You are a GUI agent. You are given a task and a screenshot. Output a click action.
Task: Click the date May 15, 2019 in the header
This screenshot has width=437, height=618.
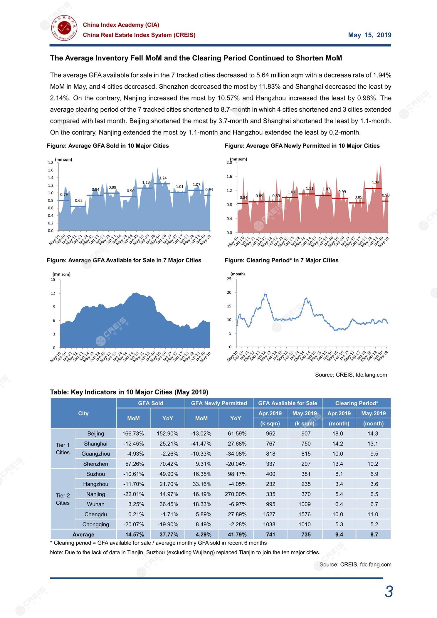[369, 35]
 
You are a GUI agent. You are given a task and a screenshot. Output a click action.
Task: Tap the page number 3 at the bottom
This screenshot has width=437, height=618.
[389, 592]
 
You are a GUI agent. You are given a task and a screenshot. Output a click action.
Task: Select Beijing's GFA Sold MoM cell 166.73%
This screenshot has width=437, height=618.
[133, 434]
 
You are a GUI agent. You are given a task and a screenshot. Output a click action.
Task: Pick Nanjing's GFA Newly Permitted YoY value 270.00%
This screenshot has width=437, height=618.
[236, 494]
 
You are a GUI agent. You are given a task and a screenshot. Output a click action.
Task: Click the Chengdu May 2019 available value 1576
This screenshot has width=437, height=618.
[305, 514]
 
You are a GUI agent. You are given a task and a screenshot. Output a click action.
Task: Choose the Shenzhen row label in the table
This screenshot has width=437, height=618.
[95, 464]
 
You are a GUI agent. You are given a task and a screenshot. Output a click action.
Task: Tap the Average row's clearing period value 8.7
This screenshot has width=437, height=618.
[374, 535]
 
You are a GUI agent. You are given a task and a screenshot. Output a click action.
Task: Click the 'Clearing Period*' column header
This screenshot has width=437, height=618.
[356, 403]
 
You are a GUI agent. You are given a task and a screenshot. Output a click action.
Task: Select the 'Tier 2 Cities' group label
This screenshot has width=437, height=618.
[63, 499]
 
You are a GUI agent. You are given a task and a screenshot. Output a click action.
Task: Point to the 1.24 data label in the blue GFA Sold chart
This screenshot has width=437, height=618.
[163, 178]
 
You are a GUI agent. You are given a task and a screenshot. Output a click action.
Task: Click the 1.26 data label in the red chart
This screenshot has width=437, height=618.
[375, 183]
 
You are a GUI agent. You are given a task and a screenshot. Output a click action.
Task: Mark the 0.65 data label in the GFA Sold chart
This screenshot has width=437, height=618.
[78, 201]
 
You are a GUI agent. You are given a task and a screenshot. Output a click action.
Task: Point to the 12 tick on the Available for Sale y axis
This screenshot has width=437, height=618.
[53, 293]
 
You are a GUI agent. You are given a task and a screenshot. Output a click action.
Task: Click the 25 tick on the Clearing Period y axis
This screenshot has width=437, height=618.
[229, 279]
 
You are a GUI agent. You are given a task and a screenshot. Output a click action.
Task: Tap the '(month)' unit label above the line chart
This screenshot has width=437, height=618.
[238, 274]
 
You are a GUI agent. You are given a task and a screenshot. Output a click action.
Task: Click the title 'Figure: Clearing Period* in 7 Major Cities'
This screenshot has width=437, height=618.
[281, 260]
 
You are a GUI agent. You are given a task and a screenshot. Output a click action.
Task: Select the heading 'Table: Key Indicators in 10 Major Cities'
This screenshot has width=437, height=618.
[129, 392]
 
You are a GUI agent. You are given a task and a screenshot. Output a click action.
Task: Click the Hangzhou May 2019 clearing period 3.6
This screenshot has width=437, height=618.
[374, 484]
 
